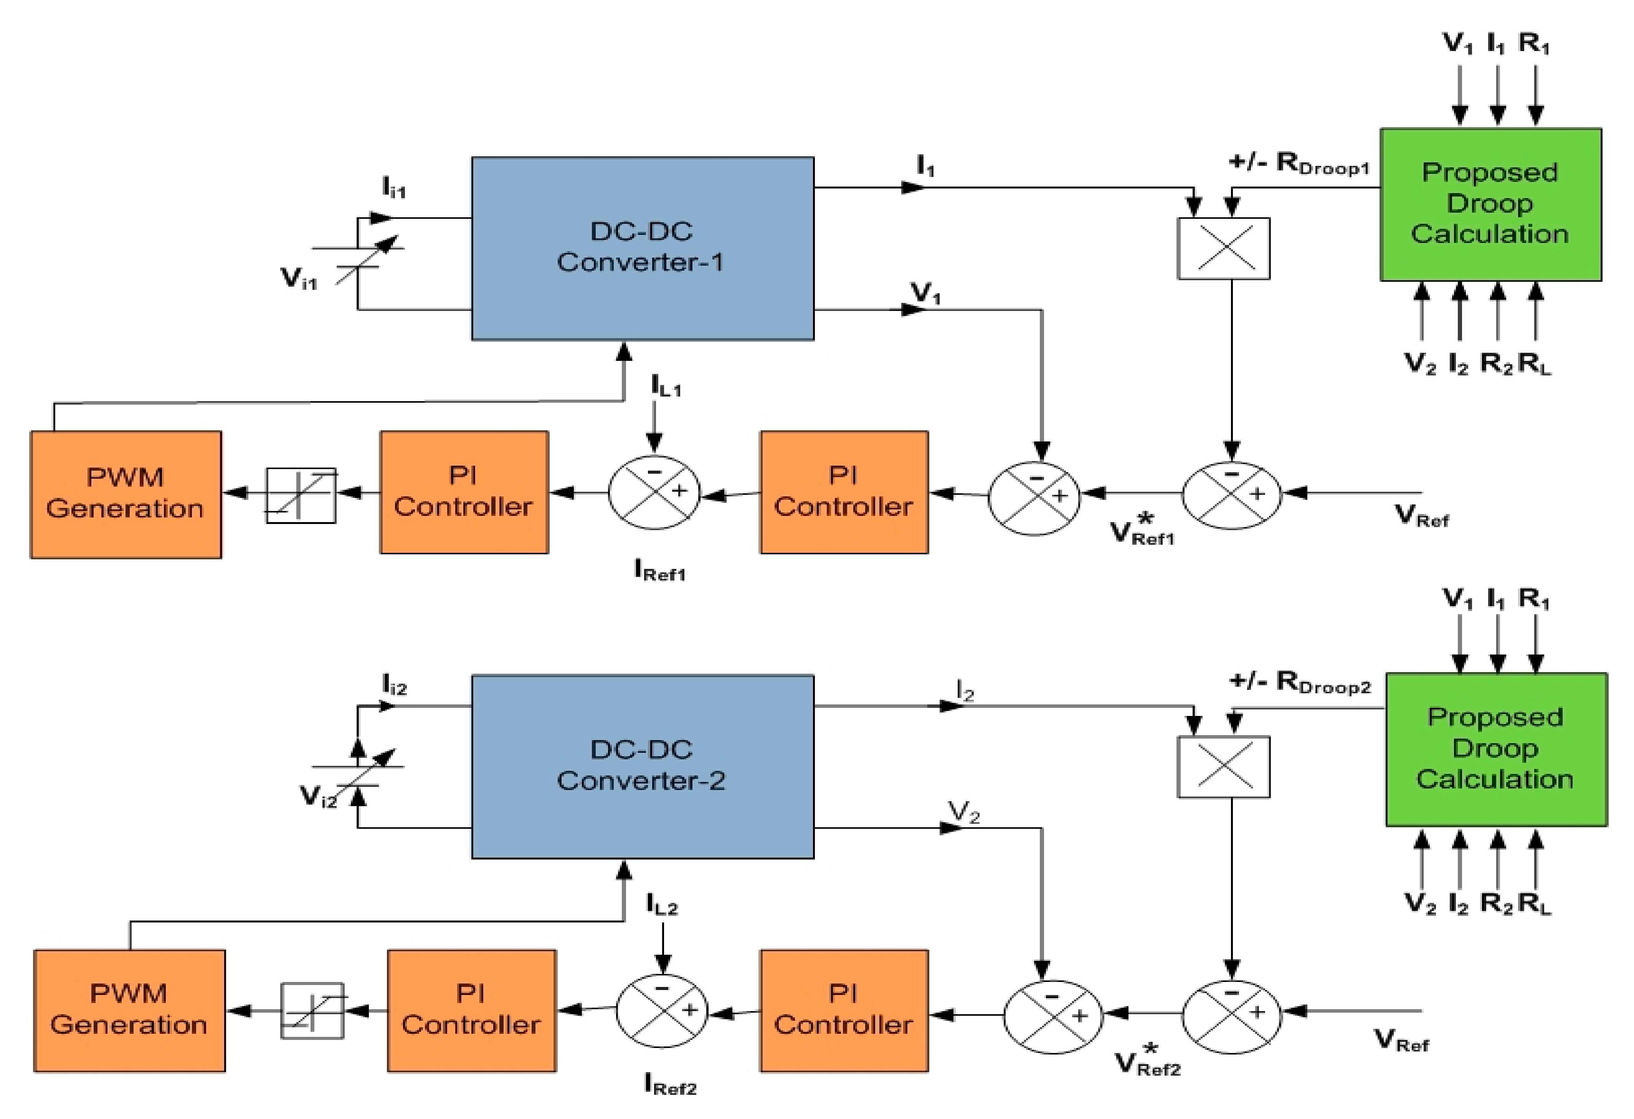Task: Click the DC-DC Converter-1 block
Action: point(642,248)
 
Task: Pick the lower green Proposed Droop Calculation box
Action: point(1495,749)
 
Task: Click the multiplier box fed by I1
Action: point(1223,248)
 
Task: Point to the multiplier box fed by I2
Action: point(1223,767)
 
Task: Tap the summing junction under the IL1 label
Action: point(654,493)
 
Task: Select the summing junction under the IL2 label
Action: point(662,1011)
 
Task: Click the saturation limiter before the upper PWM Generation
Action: point(301,495)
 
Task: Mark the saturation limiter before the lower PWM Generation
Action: point(312,1011)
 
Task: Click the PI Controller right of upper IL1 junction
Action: point(844,493)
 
